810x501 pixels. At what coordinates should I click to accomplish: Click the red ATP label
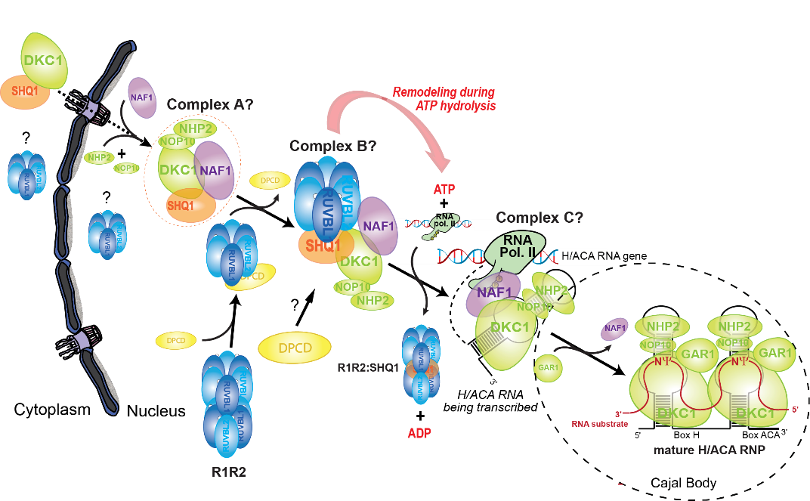pyautogui.click(x=444, y=189)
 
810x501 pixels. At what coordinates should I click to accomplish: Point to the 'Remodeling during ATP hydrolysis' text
pyautogui.click(x=444, y=99)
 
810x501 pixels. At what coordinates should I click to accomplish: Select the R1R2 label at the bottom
pyautogui.click(x=227, y=473)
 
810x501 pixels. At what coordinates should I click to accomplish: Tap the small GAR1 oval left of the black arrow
pyautogui.click(x=549, y=368)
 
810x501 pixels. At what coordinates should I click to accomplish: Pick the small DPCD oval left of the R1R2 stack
pyautogui.click(x=176, y=341)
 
